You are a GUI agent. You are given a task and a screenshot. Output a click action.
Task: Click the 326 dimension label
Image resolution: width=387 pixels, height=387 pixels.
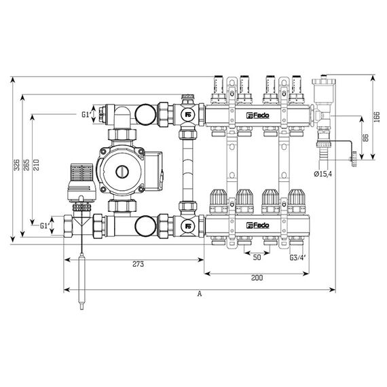coord(16,164)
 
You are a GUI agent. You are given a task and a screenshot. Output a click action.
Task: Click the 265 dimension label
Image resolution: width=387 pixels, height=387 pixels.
coord(26,164)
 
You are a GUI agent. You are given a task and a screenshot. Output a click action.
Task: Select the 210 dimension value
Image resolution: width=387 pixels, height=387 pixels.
coord(36,164)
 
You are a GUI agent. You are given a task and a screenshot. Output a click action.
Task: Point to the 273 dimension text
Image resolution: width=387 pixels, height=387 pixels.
coord(138,264)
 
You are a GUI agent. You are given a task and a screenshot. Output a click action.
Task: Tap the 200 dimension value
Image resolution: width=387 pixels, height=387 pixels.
coord(257,278)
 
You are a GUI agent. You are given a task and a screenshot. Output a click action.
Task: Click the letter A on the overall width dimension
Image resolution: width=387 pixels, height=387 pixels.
coord(200,294)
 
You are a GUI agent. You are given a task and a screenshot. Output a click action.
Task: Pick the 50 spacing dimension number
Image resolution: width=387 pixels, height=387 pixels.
coord(257,257)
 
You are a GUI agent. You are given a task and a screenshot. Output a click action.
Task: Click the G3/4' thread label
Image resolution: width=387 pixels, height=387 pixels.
coord(297,258)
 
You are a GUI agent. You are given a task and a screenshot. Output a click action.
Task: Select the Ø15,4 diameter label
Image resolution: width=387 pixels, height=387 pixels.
coord(323,174)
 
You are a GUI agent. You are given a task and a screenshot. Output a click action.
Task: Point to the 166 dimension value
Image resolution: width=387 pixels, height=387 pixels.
coord(377,117)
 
